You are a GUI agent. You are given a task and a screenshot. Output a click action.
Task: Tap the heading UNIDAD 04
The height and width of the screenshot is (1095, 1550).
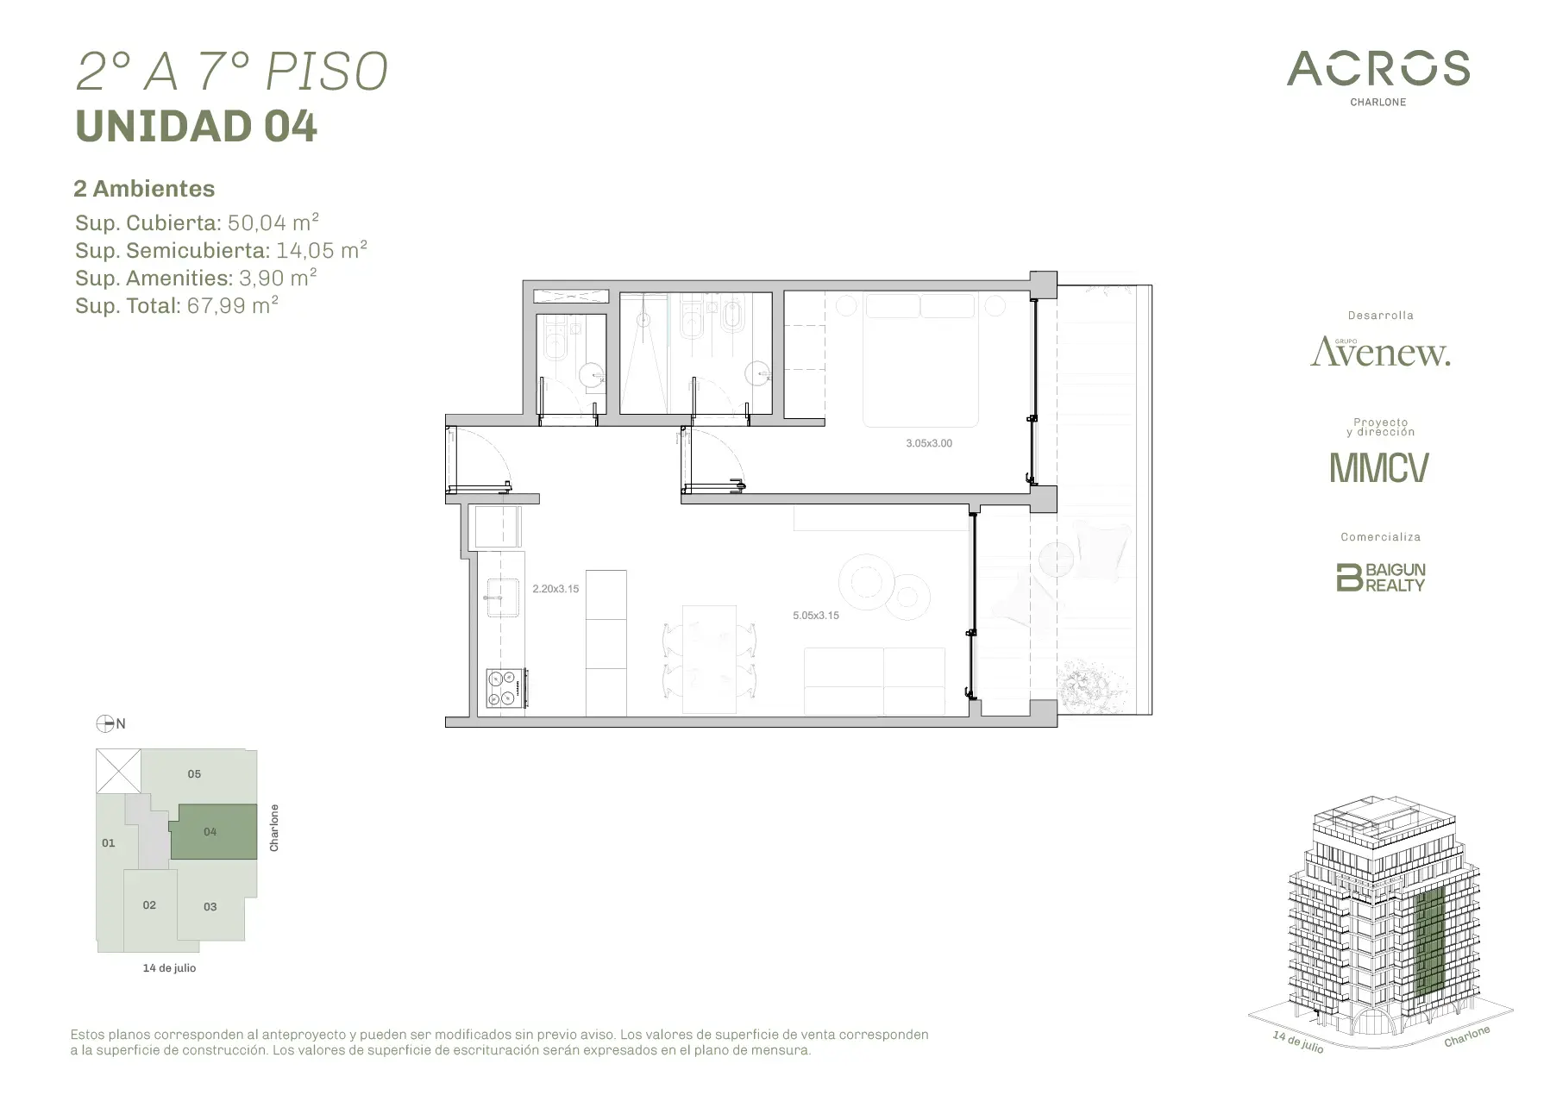tap(197, 126)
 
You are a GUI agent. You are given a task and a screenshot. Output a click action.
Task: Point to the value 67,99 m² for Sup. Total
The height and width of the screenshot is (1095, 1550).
tap(232, 305)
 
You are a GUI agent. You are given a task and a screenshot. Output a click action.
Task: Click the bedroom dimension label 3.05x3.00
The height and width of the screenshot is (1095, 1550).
tap(929, 443)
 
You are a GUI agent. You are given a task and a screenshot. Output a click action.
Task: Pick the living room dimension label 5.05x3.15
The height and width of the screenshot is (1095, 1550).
tap(816, 616)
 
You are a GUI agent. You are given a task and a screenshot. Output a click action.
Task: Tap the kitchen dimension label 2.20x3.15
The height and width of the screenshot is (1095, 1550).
tap(555, 589)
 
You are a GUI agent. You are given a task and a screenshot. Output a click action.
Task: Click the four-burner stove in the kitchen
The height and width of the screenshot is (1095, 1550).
tap(505, 689)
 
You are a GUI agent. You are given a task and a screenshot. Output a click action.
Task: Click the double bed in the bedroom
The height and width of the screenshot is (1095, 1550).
tap(921, 360)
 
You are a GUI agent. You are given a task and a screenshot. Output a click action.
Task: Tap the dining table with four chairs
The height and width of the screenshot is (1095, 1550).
tap(709, 660)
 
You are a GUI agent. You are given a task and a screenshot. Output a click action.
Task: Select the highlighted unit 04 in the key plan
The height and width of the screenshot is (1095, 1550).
tap(213, 831)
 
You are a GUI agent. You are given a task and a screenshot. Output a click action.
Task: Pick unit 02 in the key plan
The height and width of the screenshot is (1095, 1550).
tap(150, 905)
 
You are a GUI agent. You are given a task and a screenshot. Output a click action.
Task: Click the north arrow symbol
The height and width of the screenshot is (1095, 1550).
tap(105, 723)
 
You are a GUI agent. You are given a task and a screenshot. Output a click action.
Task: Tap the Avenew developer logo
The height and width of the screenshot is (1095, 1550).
tap(1380, 351)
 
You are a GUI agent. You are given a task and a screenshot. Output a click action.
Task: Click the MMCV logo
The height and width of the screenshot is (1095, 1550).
tap(1378, 467)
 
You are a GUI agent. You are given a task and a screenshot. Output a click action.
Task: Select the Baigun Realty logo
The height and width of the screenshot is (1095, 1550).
tap(1380, 577)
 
